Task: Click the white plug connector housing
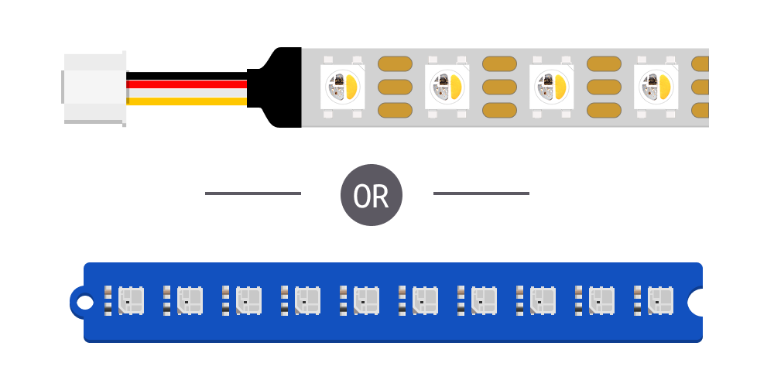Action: point(94,87)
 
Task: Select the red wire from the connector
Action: point(187,84)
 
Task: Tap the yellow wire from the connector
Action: point(187,101)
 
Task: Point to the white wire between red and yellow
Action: point(187,93)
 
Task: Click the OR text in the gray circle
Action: point(371,197)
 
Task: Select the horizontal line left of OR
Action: point(253,193)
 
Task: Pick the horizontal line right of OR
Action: point(481,193)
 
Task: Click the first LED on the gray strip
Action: point(343,87)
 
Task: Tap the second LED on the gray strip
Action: point(447,87)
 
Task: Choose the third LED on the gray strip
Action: point(552,87)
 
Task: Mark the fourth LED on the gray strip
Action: point(656,87)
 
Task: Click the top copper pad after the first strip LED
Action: point(395,63)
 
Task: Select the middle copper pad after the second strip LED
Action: point(499,87)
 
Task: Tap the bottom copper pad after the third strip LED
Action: point(604,110)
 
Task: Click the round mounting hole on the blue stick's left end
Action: point(81,301)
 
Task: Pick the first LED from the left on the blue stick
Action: point(131,300)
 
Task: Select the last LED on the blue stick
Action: point(660,300)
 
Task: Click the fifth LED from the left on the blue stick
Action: point(366,300)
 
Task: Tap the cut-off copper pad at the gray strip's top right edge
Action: point(700,63)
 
